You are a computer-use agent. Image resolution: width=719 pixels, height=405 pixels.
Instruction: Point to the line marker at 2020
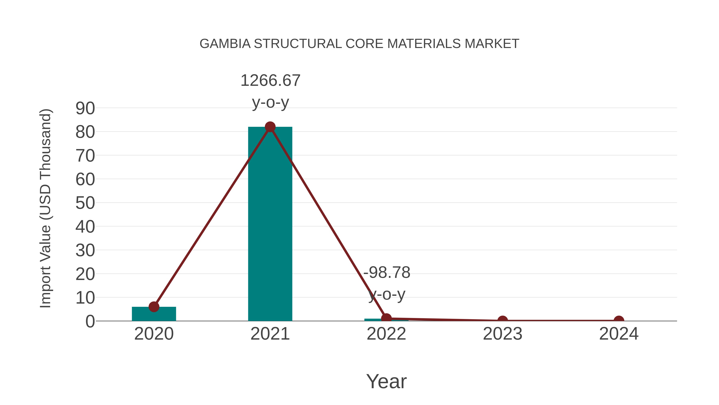[154, 307]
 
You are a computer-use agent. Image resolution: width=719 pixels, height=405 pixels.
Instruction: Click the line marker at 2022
[386, 318]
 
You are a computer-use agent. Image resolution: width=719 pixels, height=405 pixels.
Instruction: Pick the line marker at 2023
[503, 320]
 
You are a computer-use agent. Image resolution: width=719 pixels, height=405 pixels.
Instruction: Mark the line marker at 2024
[619, 320]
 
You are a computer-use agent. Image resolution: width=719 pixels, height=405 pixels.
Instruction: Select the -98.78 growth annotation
[387, 273]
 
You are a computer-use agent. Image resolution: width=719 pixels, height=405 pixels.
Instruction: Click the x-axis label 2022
[386, 334]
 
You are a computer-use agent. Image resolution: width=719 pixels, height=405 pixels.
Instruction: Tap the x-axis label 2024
[619, 334]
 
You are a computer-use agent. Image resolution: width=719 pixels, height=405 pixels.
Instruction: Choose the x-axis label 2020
[154, 334]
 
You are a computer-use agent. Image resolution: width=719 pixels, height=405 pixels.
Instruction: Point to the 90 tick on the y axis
[85, 108]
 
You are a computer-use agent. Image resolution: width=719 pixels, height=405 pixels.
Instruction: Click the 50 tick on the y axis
[85, 203]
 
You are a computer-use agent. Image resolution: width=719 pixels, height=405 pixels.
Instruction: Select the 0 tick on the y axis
[90, 321]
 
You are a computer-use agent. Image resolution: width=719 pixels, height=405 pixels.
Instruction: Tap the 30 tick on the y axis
[85, 250]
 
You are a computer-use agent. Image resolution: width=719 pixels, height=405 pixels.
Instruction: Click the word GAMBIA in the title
[225, 44]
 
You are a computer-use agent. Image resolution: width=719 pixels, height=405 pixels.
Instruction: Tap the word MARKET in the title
[492, 44]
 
